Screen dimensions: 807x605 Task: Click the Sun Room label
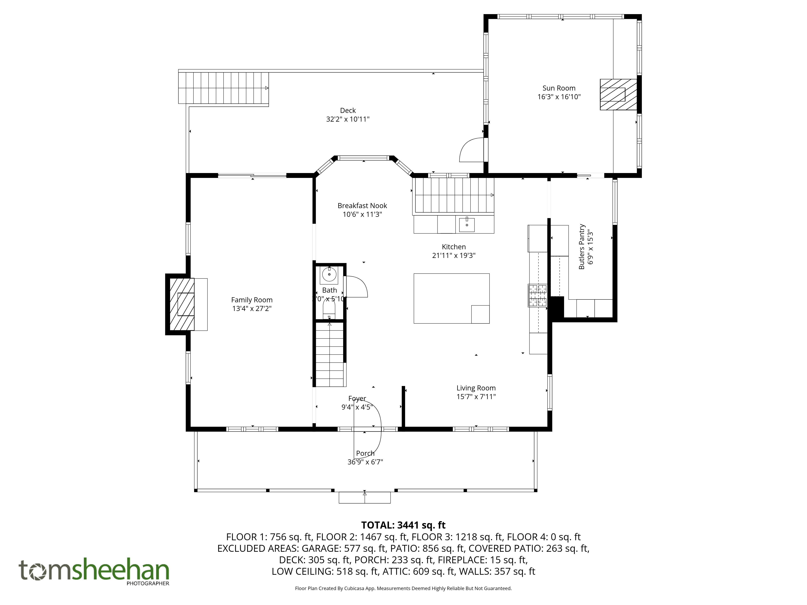click(x=559, y=88)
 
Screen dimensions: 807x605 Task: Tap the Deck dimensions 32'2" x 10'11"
click(x=348, y=119)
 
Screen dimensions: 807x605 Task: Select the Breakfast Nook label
click(x=362, y=206)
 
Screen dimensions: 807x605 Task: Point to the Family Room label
click(x=252, y=300)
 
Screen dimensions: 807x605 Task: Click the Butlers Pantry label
click(x=581, y=247)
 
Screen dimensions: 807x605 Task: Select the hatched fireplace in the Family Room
click(x=182, y=305)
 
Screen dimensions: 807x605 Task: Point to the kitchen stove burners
click(x=538, y=295)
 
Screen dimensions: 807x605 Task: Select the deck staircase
click(x=223, y=88)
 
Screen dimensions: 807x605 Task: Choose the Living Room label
click(x=476, y=388)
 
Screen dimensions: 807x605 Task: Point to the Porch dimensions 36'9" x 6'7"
click(x=365, y=462)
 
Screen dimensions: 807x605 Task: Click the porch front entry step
click(x=365, y=498)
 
